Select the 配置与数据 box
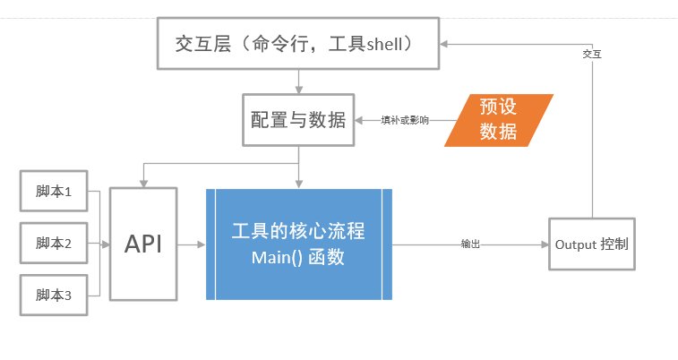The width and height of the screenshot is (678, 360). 297,120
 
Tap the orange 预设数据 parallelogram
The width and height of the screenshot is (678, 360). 498,119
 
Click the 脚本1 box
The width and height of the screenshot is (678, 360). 54,192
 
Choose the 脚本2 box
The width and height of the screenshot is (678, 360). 54,243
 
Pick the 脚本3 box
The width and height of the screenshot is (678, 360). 54,294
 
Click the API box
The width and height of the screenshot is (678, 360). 143,244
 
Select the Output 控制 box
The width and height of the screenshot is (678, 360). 591,244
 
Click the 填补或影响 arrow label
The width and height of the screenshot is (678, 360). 405,120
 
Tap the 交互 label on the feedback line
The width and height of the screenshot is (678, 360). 592,54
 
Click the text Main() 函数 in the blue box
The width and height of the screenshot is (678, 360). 298,258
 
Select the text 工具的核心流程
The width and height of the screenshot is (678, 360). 298,230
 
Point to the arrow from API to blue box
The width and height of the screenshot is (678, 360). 191,244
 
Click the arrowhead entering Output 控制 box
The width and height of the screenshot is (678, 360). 544,244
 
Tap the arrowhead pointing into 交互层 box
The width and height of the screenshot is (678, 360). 444,43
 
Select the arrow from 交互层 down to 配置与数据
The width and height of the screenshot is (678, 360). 297,81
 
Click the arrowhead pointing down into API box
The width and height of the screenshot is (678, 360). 143,182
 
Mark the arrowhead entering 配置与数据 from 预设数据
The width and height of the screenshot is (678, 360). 356,120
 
